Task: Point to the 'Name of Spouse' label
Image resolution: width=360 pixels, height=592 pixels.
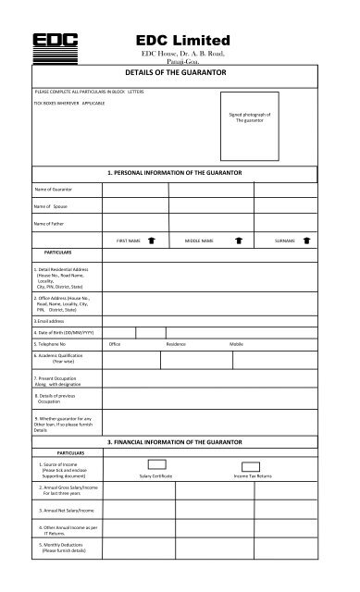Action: pyautogui.click(x=52, y=206)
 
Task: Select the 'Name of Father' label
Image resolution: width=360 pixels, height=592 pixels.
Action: pyautogui.click(x=52, y=224)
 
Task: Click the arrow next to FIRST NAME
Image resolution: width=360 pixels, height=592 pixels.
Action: pyautogui.click(x=151, y=240)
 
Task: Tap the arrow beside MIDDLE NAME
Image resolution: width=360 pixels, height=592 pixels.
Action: pyautogui.click(x=238, y=240)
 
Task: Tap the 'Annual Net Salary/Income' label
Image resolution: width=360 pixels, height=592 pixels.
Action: pyautogui.click(x=68, y=510)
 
